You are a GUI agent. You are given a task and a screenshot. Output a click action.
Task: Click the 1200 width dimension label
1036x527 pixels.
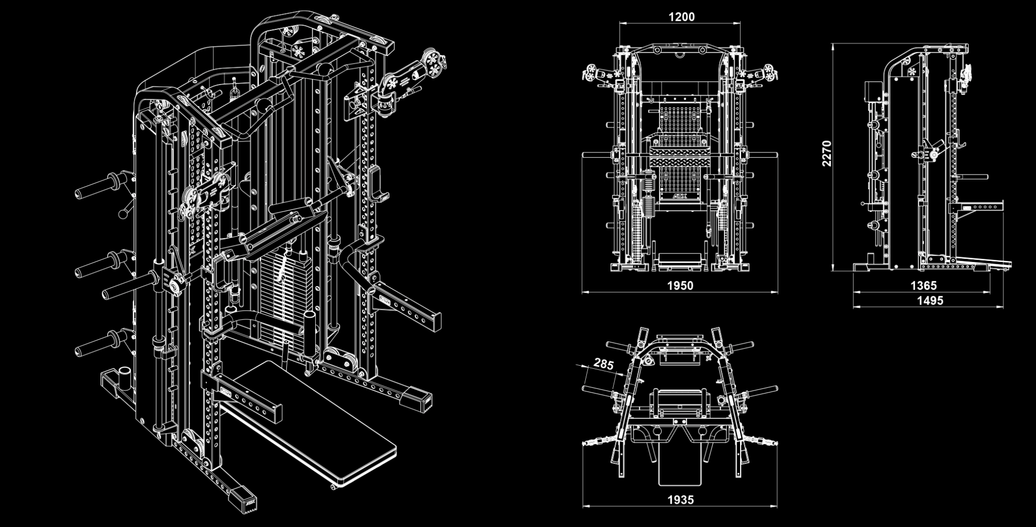[x=681, y=17]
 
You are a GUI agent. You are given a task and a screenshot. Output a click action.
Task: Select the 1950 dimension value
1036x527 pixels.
[x=680, y=286]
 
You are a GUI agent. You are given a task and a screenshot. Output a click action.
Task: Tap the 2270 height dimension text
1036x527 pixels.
[x=826, y=154]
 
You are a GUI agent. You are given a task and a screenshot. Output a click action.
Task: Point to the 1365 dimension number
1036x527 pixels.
[x=924, y=286]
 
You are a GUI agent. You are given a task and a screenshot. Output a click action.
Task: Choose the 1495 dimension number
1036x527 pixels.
[x=930, y=300]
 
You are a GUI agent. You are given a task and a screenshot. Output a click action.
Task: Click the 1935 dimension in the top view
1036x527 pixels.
[x=680, y=500]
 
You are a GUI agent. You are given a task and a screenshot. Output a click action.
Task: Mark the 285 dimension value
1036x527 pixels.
[x=603, y=364]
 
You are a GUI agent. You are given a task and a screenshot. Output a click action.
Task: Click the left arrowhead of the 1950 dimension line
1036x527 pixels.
[x=584, y=292]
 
